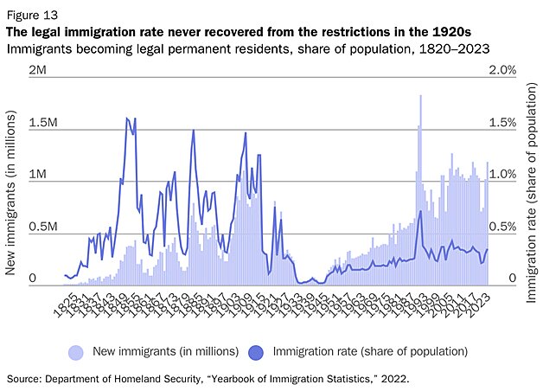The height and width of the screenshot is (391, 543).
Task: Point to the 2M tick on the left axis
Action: [x=37, y=69]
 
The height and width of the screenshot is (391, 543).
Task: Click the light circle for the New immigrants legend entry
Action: [x=76, y=351]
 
